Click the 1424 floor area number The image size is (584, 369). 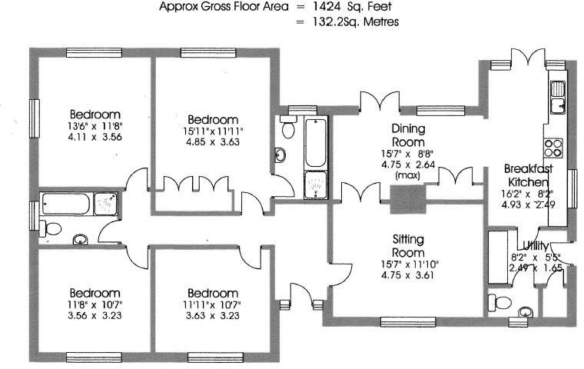point(327,6)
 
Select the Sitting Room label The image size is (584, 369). point(408,246)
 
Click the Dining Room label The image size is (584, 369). point(408,135)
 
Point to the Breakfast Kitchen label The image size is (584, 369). point(529,175)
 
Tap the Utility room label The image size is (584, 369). point(536,246)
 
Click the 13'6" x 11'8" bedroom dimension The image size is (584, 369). point(96,125)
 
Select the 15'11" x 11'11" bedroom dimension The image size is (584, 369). point(213,131)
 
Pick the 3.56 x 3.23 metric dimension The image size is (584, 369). point(95,316)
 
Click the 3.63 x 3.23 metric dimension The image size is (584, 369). point(213,316)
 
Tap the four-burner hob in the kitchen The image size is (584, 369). point(553,148)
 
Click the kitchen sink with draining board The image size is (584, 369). point(557,97)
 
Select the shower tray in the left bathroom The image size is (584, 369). point(105,204)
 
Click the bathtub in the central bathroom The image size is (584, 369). point(316,142)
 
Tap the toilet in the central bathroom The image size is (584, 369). point(288,126)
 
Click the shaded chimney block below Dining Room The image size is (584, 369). point(408,199)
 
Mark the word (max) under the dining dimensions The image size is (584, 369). point(408,175)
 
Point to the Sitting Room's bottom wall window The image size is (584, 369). point(408,321)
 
